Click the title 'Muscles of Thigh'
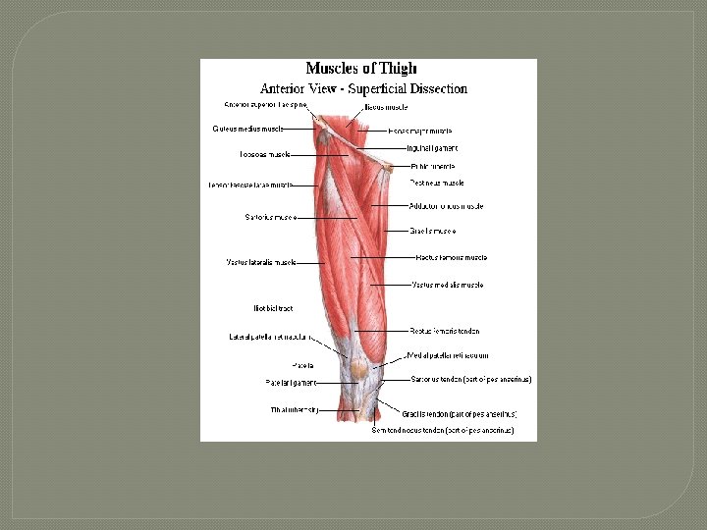(361, 69)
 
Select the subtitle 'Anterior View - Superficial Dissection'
(363, 88)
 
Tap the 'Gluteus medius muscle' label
(247, 129)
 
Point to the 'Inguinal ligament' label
(432, 148)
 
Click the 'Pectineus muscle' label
(437, 183)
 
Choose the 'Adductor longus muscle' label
(447, 206)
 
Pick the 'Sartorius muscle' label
(270, 217)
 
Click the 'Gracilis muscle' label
(433, 232)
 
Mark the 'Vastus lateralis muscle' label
(260, 262)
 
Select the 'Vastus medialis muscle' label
(447, 285)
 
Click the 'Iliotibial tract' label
(273, 308)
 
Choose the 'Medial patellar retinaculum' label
(449, 355)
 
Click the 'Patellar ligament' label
(290, 383)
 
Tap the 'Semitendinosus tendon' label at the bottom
(442, 430)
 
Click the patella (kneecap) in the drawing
(359, 370)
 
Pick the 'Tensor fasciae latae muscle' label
(249, 185)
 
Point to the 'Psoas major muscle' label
(420, 131)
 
